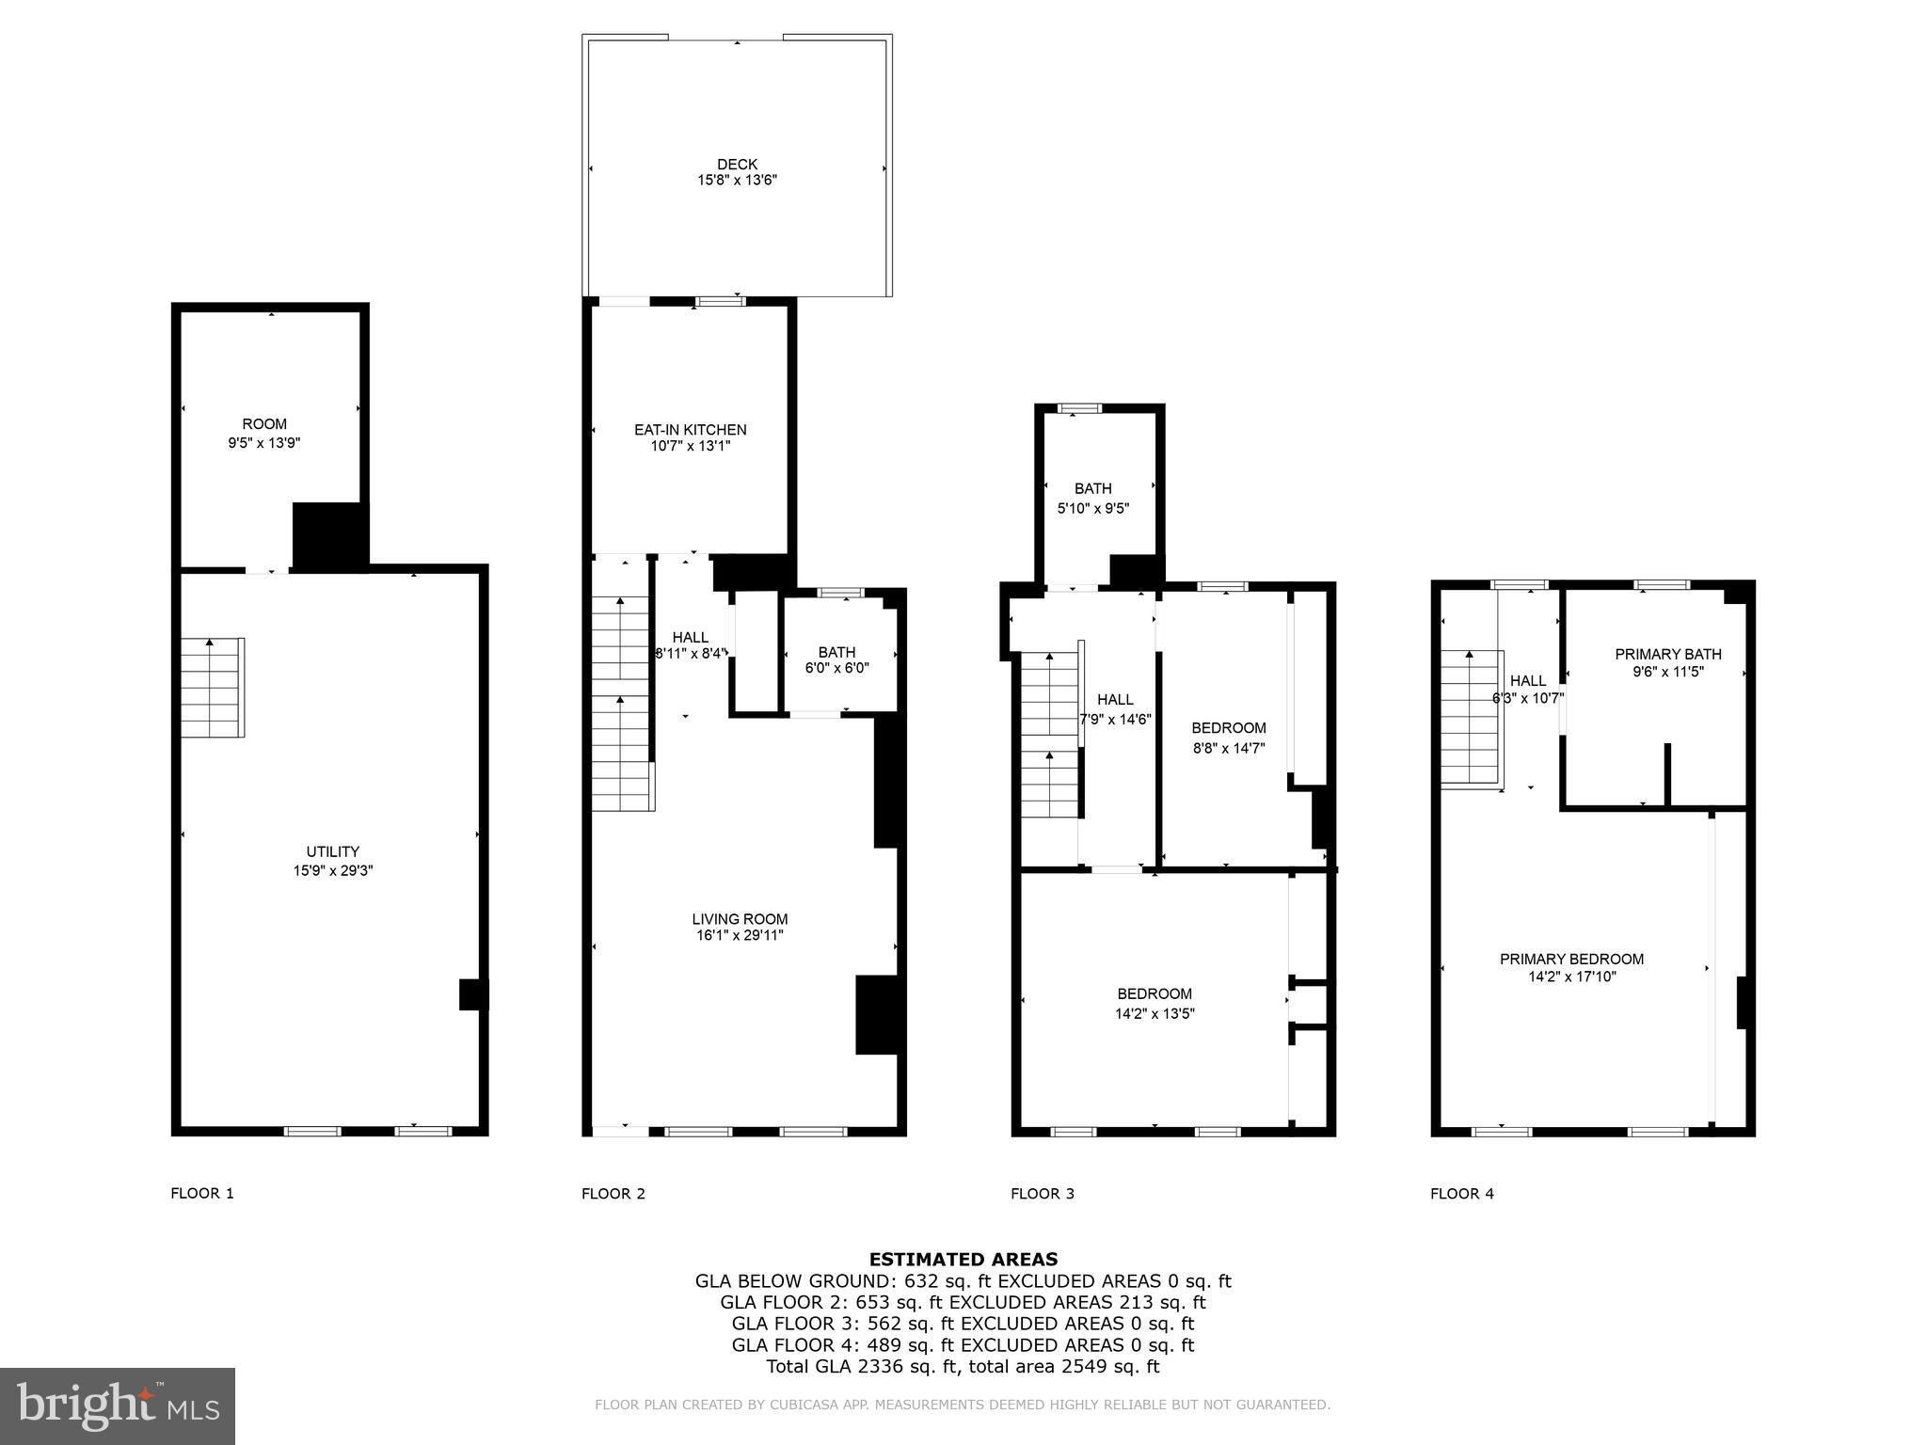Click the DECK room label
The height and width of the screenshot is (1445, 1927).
(x=737, y=165)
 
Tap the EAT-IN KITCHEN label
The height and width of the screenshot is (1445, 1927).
(x=690, y=430)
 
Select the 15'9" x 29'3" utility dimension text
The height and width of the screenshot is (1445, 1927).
(x=333, y=871)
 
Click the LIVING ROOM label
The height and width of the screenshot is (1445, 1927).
(x=740, y=919)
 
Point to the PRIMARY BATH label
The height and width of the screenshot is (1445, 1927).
(x=1667, y=654)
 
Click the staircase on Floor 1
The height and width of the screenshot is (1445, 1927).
(x=213, y=688)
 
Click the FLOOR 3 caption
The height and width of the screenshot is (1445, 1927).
(x=1042, y=1194)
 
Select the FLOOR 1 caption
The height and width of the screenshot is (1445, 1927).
(x=201, y=1194)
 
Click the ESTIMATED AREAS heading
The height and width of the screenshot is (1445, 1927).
(x=963, y=1259)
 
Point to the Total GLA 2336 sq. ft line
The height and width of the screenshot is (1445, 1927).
(x=963, y=1367)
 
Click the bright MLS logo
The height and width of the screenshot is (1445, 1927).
(x=118, y=1405)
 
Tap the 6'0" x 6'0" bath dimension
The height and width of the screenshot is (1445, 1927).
(x=836, y=669)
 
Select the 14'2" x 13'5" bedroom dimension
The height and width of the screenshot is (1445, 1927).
(x=1155, y=1014)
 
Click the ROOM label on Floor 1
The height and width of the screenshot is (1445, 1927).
(x=264, y=424)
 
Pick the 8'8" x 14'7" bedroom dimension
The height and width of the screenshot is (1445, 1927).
(x=1228, y=749)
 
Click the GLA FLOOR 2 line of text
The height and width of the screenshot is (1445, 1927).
(x=963, y=1302)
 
